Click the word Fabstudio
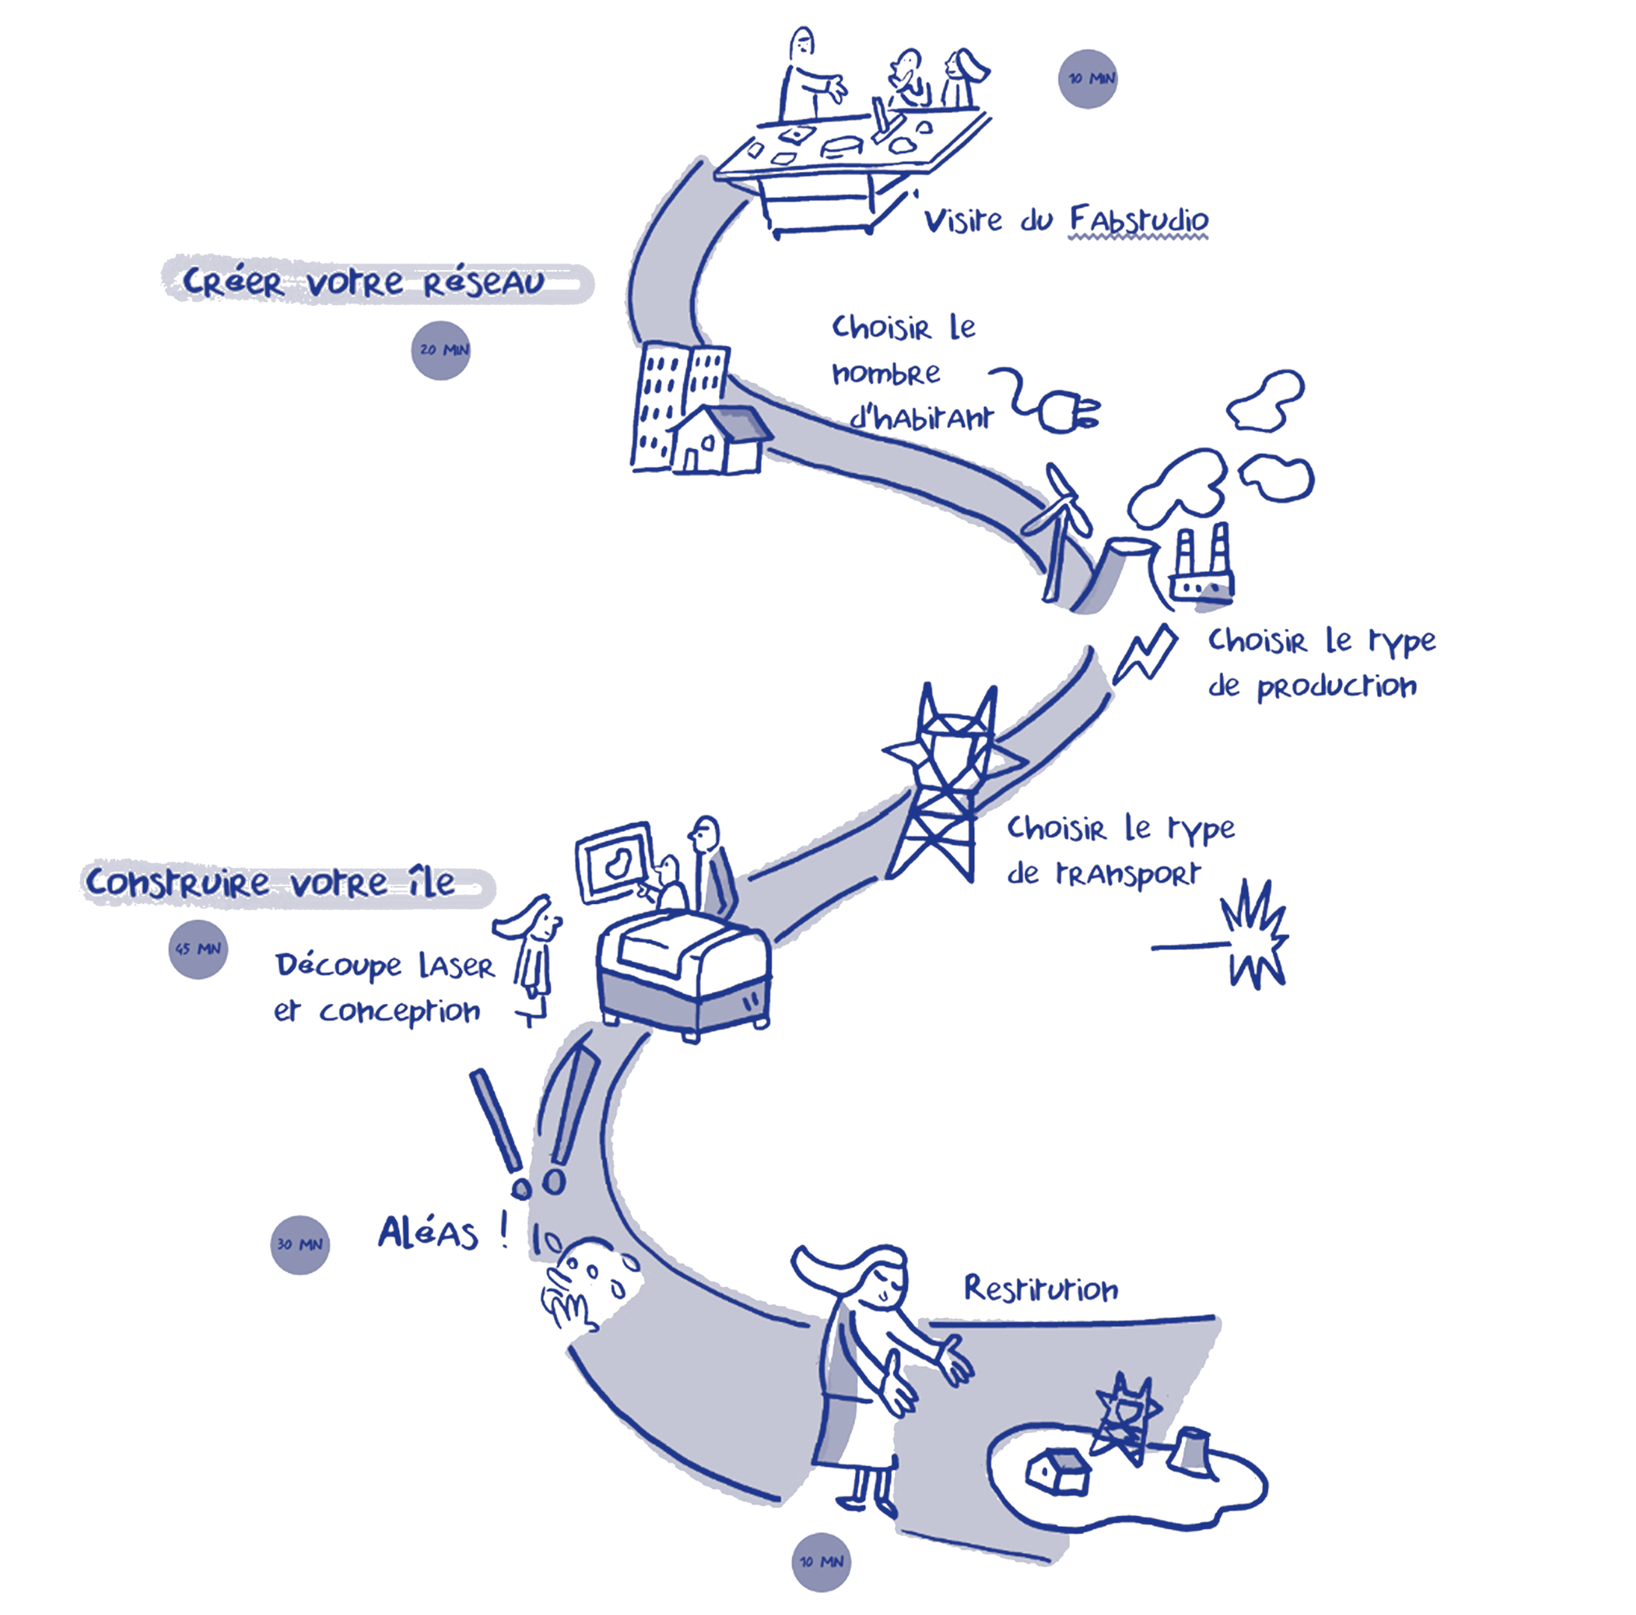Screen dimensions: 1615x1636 [x=1138, y=219]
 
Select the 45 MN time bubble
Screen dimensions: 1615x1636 [x=198, y=948]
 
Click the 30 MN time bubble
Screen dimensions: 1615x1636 [x=299, y=1244]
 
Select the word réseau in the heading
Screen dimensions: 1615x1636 [x=483, y=284]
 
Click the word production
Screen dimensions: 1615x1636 [x=1336, y=686]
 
